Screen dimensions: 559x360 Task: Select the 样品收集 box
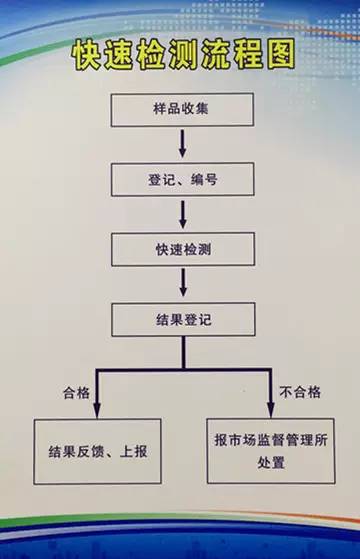point(182,108)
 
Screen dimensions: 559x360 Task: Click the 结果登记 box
point(182,320)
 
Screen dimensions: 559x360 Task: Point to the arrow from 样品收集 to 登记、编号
point(182,143)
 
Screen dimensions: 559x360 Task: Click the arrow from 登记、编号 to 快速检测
point(182,214)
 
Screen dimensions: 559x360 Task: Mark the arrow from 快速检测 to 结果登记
point(182,284)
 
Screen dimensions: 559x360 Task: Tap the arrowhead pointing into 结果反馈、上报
point(91,410)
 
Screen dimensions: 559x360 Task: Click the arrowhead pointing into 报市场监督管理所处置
point(272,410)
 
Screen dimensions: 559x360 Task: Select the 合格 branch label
point(76,393)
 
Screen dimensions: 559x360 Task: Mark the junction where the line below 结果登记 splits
point(182,370)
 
